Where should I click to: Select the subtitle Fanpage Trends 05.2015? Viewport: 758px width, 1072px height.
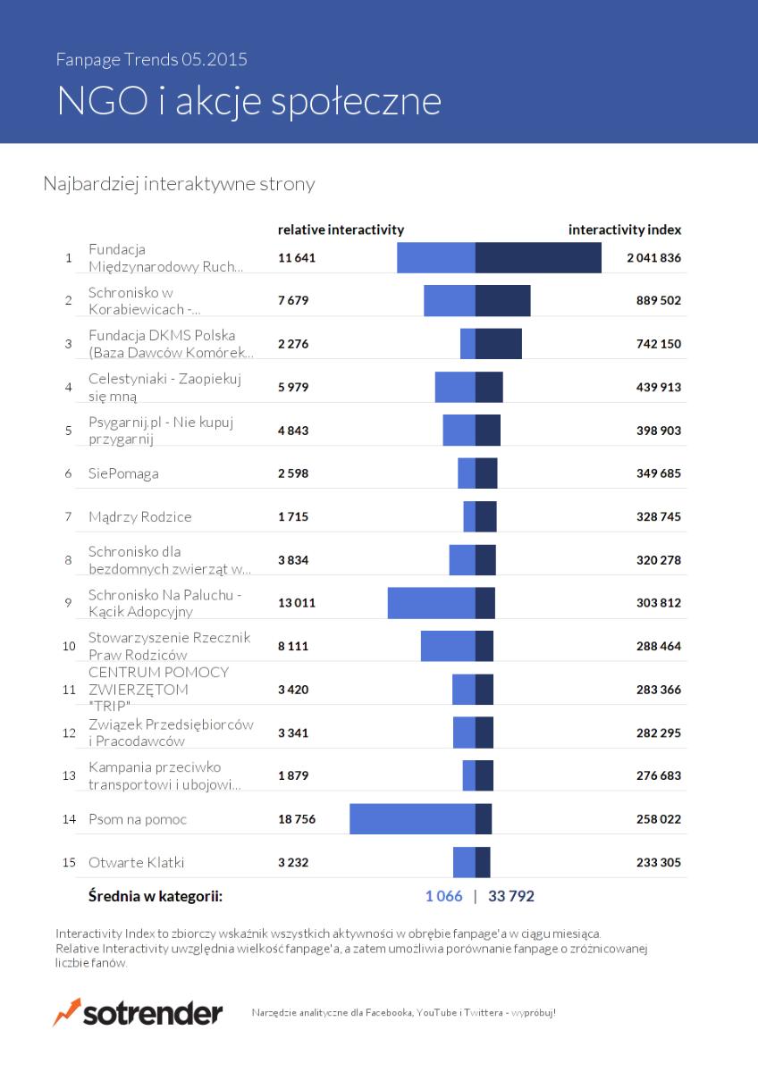(151, 60)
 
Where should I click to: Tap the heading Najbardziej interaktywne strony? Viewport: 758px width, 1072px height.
(179, 184)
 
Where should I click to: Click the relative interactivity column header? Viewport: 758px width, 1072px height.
(341, 230)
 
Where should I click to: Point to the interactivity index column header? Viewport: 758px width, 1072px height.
(625, 230)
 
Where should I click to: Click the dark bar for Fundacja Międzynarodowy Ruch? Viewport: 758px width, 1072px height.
(538, 257)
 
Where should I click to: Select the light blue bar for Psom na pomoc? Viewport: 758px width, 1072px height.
(412, 819)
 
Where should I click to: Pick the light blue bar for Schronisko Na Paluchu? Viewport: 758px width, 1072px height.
(432, 603)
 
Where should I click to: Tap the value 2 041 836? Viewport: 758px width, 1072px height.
(653, 258)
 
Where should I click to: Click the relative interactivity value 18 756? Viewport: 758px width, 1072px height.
(297, 819)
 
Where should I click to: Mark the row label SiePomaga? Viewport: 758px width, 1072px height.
(123, 473)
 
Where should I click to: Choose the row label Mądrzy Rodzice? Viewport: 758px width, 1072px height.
(139, 517)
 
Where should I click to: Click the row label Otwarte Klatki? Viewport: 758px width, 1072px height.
(137, 862)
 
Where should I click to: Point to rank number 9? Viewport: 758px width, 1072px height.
(69, 603)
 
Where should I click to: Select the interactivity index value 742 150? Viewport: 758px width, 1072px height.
(659, 344)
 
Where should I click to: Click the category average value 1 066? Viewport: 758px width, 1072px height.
(444, 896)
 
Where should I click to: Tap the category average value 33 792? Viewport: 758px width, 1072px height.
(511, 896)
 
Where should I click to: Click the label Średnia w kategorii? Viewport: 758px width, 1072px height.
(156, 896)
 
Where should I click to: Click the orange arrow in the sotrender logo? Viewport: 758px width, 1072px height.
(66, 1011)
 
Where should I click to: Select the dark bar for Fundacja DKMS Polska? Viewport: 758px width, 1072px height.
(499, 344)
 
